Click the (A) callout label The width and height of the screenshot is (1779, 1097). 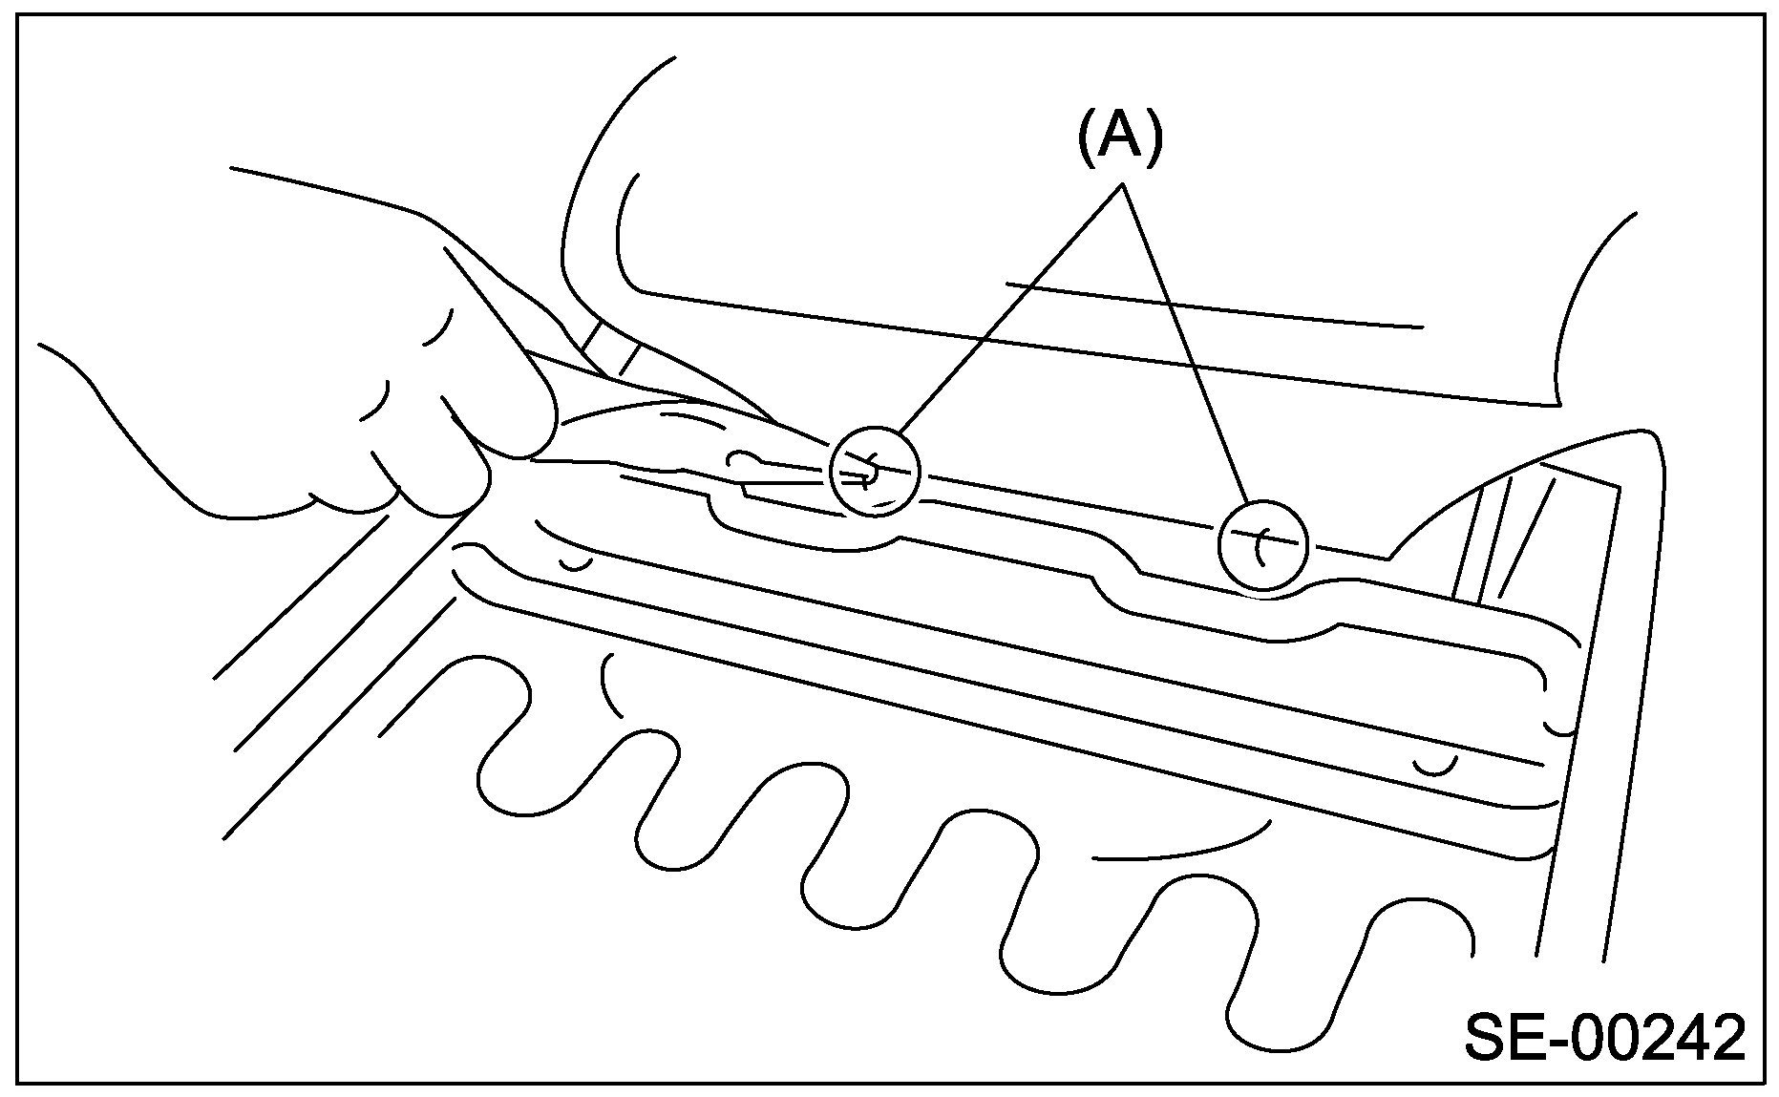pos(1121,138)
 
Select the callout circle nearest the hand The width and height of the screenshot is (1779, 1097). pos(875,471)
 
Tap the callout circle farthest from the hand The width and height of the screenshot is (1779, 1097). pos(1262,545)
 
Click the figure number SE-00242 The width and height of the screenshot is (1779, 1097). pos(1604,1038)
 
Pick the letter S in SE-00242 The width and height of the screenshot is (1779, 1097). pos(1486,1038)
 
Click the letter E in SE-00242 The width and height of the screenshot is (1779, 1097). pos(1528,1038)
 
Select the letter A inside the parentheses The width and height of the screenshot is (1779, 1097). pos(1121,138)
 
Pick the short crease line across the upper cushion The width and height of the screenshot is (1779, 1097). pos(1213,306)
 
